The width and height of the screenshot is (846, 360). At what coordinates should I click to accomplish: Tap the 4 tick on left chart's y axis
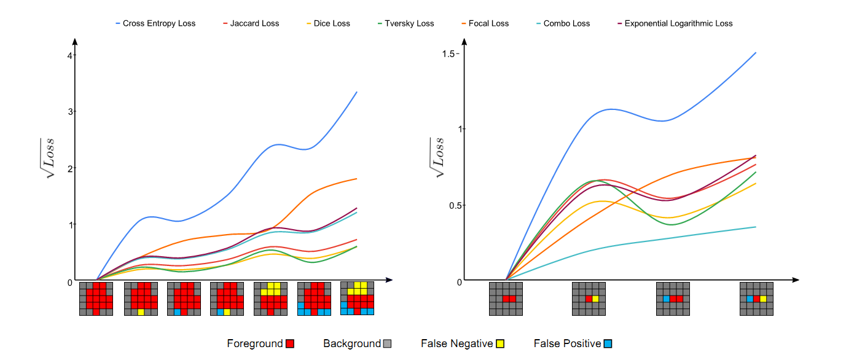pyautogui.click(x=71, y=55)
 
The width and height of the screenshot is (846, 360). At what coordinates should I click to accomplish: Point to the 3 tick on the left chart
pyautogui.click(x=71, y=112)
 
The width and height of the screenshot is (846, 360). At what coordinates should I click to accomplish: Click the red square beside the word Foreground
pyautogui.click(x=291, y=344)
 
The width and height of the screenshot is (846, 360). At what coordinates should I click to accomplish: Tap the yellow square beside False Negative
pyautogui.click(x=500, y=344)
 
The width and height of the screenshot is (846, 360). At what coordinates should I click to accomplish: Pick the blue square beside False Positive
pyautogui.click(x=608, y=344)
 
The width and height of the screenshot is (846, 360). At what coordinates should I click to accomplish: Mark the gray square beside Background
pyautogui.click(x=388, y=344)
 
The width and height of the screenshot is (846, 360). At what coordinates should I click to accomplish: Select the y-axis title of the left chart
pyautogui.click(x=47, y=158)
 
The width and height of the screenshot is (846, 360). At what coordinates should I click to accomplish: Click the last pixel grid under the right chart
pyautogui.click(x=756, y=299)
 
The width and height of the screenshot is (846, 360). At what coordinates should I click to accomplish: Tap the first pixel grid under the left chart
pyautogui.click(x=96, y=299)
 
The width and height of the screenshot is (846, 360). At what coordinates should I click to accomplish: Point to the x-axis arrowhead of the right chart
pyautogui.click(x=796, y=280)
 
